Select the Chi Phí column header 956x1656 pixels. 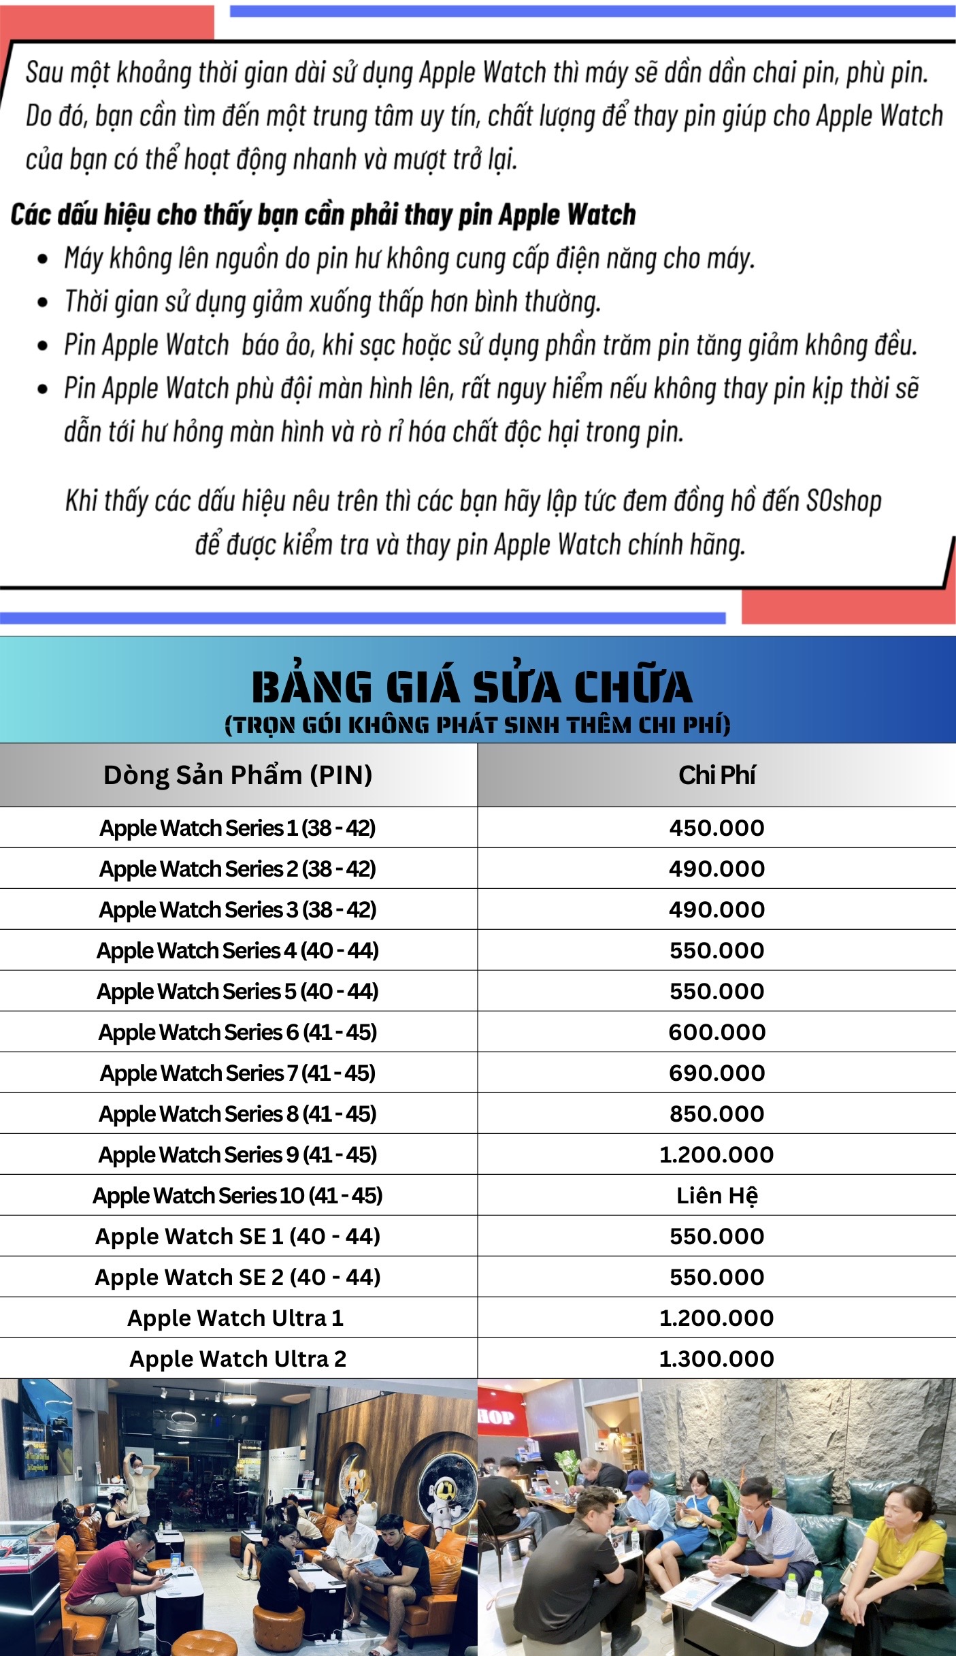click(x=716, y=775)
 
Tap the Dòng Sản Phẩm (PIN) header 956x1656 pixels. click(x=237, y=775)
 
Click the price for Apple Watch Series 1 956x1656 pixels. click(x=716, y=828)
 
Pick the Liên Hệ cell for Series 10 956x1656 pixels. click(x=716, y=1195)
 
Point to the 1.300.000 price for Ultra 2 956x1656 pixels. click(x=716, y=1359)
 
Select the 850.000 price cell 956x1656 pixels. click(x=716, y=1114)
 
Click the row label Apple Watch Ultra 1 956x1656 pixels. click(x=235, y=1318)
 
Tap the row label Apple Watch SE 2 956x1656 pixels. click(x=237, y=1278)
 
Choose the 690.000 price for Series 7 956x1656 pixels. click(x=716, y=1073)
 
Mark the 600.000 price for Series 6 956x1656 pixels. click(x=716, y=1032)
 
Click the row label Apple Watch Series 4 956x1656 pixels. click(x=237, y=951)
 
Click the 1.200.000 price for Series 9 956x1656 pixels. click(x=716, y=1154)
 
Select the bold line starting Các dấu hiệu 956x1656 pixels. click(x=323, y=215)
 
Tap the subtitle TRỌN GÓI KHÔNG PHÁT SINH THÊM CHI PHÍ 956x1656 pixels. click(x=477, y=725)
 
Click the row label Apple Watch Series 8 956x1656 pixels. click(x=237, y=1114)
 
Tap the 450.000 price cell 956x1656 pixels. click(x=716, y=828)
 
